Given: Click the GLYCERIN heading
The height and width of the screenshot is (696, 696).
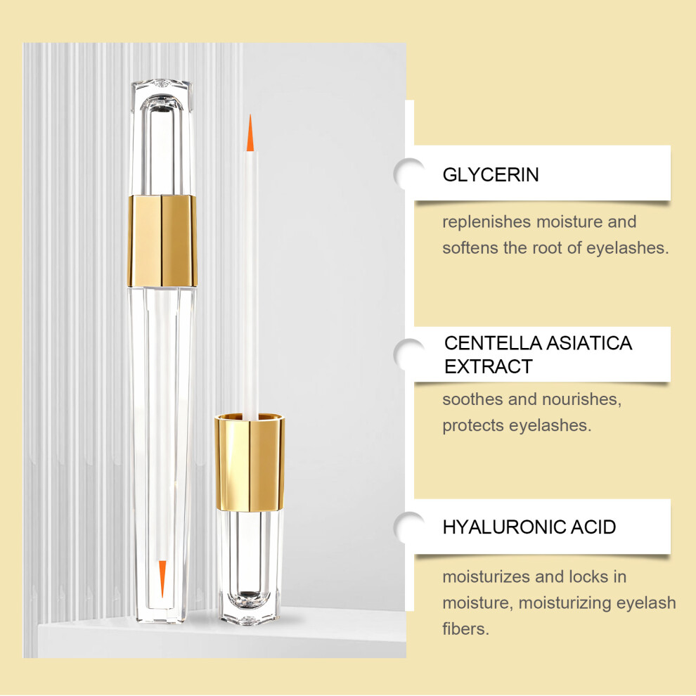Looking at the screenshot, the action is coord(491,174).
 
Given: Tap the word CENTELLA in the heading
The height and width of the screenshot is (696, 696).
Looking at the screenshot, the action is coord(493,343).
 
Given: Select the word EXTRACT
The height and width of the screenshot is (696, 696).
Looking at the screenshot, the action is coord(489,367).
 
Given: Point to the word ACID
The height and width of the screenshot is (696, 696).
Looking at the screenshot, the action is coord(593,527).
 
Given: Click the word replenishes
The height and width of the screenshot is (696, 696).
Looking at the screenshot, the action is coord(486,222).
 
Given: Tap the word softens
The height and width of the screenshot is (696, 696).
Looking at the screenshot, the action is coord(470,247).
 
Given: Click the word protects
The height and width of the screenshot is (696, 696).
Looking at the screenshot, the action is coord(473,425).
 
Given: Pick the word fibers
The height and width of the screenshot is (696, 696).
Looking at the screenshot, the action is coord(465,629).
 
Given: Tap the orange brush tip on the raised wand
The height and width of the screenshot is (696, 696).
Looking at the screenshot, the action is coord(250,133).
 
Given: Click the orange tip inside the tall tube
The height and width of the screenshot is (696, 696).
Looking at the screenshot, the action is coord(162,579).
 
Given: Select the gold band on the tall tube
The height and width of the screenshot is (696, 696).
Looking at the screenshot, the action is coord(162,241).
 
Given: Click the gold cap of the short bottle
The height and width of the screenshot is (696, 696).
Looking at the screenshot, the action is coord(250,462).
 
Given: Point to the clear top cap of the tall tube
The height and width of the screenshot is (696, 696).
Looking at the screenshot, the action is coord(162,137).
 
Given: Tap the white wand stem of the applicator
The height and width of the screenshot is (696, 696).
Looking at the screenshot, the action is coord(250,284).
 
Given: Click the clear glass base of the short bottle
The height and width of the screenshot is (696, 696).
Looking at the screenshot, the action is coord(250,567).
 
